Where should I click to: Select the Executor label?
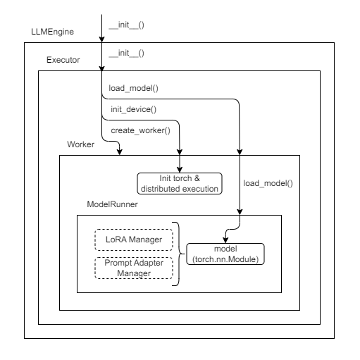click(x=63, y=61)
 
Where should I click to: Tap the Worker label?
click(x=81, y=144)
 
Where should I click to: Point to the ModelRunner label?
click(x=112, y=204)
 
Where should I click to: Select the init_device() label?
click(x=133, y=110)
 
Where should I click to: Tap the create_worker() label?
click(x=141, y=130)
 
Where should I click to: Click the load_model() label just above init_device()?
click(x=134, y=90)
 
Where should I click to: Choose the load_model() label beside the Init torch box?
click(x=268, y=183)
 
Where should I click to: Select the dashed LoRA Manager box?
click(x=133, y=240)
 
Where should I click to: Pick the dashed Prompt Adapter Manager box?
click(x=133, y=268)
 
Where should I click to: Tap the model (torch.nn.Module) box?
click(x=225, y=254)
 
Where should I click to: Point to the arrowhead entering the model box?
click(x=225, y=240)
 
